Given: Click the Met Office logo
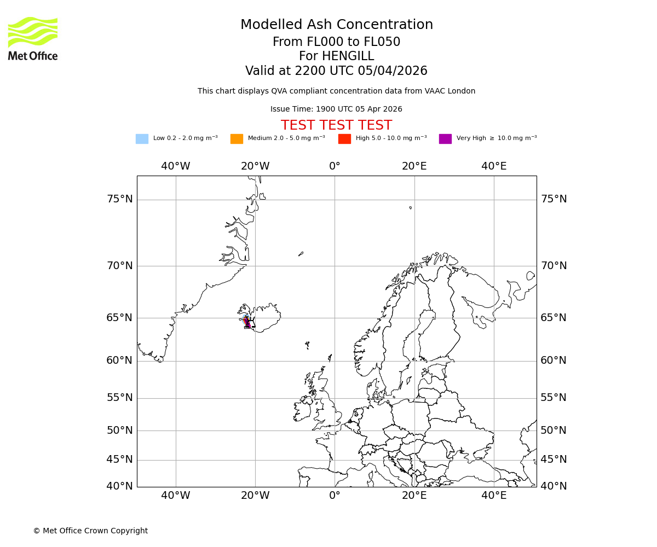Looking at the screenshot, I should (x=33, y=38).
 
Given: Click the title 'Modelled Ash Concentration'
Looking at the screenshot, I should (x=336, y=25).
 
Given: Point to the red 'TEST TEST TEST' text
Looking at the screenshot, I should (x=336, y=126).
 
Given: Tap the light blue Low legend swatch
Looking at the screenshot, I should (x=142, y=139).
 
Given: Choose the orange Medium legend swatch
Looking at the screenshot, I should (x=237, y=139).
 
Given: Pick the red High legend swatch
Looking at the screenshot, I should (x=344, y=139).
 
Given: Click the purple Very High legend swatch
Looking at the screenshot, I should (x=445, y=139).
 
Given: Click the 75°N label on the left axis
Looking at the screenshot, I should (x=120, y=199).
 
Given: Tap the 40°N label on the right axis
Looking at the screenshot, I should (x=554, y=486).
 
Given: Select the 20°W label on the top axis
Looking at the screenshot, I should (x=255, y=166).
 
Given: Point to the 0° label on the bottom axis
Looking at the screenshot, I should (x=335, y=496).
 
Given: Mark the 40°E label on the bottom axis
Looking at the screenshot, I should (x=494, y=496).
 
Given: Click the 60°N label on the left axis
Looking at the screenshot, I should (x=120, y=360).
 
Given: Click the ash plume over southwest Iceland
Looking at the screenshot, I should (x=246, y=322).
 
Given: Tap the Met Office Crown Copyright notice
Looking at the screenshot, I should (x=90, y=531).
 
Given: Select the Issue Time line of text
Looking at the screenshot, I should (x=336, y=109).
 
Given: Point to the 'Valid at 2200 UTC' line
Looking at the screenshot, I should (x=336, y=71).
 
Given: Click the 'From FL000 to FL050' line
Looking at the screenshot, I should (x=336, y=42).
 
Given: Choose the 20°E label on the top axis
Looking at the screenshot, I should (x=414, y=166).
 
